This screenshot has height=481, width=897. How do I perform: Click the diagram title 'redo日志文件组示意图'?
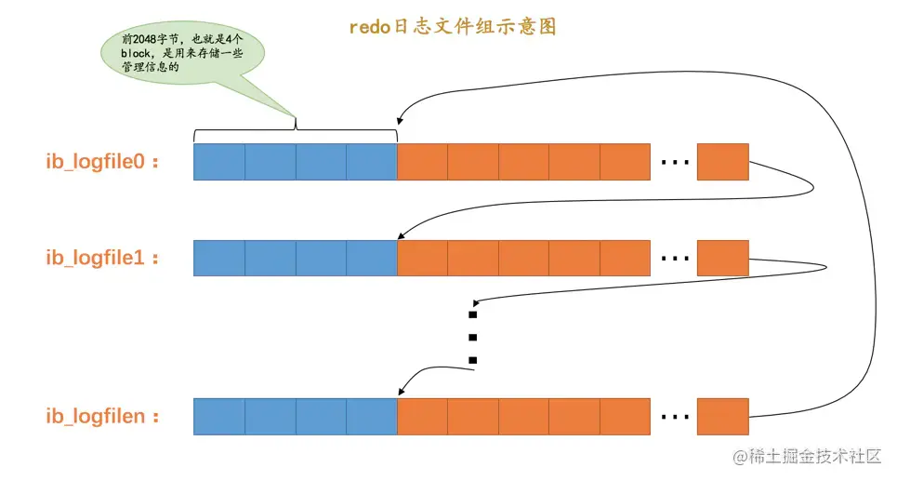pyautogui.click(x=453, y=27)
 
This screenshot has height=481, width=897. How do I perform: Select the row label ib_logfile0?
pyautogui.click(x=102, y=162)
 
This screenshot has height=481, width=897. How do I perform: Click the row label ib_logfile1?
pyautogui.click(x=102, y=258)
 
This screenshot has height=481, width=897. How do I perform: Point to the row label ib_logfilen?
pyautogui.click(x=102, y=416)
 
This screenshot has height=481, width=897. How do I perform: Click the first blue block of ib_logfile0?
pyautogui.click(x=219, y=162)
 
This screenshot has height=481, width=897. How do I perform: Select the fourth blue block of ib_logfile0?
pyautogui.click(x=371, y=162)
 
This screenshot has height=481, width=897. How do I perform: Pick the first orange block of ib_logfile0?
pyautogui.click(x=422, y=162)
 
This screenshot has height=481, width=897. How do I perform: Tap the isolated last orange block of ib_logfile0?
pyautogui.click(x=722, y=162)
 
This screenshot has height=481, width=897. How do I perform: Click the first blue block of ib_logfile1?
pyautogui.click(x=219, y=258)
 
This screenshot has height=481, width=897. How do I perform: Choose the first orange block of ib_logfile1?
pyautogui.click(x=422, y=258)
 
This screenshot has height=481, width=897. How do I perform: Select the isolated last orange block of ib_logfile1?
pyautogui.click(x=722, y=258)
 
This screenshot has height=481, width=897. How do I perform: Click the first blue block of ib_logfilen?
pyautogui.click(x=219, y=416)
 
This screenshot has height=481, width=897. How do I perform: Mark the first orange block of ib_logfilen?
pyautogui.click(x=422, y=416)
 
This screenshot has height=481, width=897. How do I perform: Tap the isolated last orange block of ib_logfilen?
pyautogui.click(x=722, y=416)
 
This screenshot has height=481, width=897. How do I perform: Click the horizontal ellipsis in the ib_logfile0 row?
pyautogui.click(x=674, y=163)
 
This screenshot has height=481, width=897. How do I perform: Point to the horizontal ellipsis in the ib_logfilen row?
pyautogui.click(x=674, y=417)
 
